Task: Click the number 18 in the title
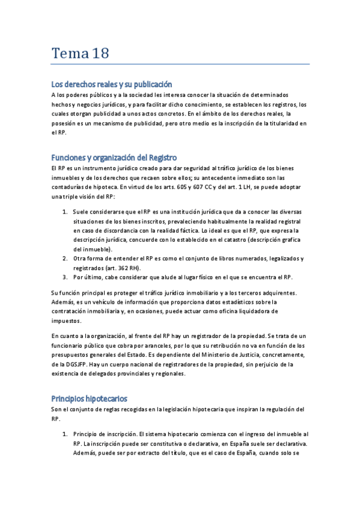tap(100, 54)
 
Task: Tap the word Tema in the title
tap(69, 54)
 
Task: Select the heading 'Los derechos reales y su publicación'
tap(112, 85)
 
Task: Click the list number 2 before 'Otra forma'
tap(65, 259)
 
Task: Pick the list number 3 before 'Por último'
tap(65, 277)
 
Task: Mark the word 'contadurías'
tap(70, 187)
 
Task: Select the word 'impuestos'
tap(66, 321)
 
